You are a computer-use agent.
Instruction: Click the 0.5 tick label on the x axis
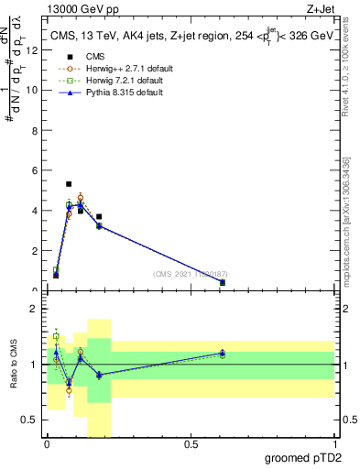click(x=191, y=444)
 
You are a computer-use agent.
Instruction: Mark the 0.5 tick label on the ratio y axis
click(x=30, y=420)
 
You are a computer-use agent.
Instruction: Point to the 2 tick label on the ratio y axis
click(x=34, y=310)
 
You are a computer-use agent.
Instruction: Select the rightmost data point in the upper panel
click(x=223, y=282)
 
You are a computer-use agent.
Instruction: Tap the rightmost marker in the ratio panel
click(x=223, y=353)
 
